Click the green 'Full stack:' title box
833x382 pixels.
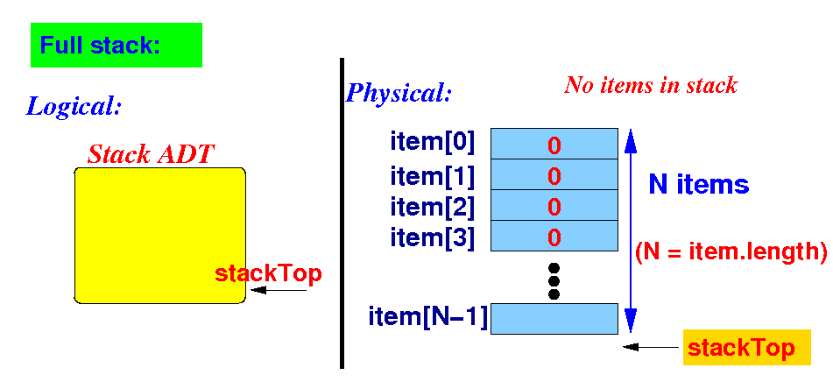click(x=116, y=46)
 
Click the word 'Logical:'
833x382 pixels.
click(x=74, y=107)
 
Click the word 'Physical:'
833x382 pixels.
click(x=399, y=92)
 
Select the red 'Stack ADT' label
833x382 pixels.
click(x=152, y=155)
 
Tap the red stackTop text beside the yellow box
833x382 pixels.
click(x=268, y=273)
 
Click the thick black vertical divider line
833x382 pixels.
click(x=341, y=210)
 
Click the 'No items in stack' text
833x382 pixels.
click(x=650, y=85)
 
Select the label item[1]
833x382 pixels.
click(x=432, y=176)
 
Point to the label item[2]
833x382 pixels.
click(x=432, y=207)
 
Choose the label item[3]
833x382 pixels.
click(x=432, y=237)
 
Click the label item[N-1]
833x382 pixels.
click(x=428, y=316)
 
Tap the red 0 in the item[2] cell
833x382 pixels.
click(x=554, y=207)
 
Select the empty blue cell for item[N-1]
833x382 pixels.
click(x=554, y=318)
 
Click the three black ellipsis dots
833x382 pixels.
click(x=554, y=280)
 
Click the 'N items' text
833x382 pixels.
click(x=698, y=184)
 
